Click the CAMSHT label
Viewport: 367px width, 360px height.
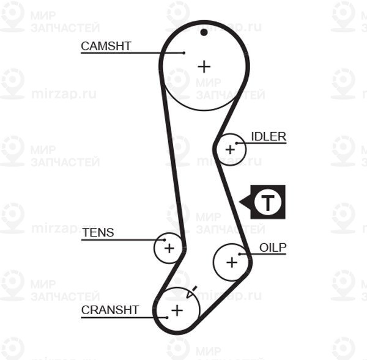(106, 46)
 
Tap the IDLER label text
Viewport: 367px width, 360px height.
(269, 137)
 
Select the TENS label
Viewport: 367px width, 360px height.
(98, 232)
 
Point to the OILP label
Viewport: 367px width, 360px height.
(273, 248)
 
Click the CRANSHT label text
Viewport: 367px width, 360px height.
(110, 310)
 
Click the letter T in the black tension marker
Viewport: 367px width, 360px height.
(268, 202)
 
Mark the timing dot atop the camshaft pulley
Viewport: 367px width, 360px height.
(204, 32)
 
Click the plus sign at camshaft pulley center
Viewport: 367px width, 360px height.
(204, 67)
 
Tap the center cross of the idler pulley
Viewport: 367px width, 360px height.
(230, 150)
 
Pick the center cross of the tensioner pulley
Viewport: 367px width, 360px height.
(169, 248)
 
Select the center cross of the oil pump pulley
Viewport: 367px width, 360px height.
(232, 262)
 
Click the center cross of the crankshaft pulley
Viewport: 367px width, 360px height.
(177, 310)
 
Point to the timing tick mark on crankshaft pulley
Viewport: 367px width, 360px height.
(195, 288)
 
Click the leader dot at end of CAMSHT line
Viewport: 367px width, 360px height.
(183, 53)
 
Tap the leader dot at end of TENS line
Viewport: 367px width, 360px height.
(165, 240)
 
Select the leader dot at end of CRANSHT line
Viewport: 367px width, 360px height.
(166, 318)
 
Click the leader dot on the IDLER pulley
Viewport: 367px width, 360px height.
(237, 143)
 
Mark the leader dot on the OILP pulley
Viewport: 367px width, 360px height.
(239, 254)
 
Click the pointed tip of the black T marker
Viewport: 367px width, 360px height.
(239, 202)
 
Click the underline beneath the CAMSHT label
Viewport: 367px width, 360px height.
(132, 53)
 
